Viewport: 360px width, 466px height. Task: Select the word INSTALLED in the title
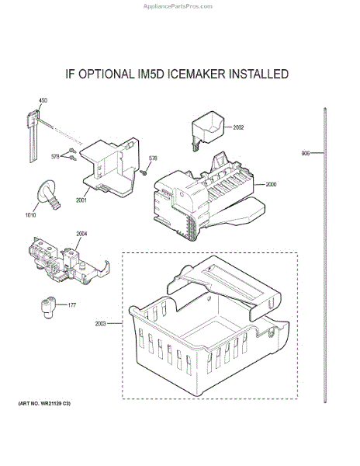click(x=255, y=75)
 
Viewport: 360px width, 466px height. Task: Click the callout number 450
click(x=43, y=100)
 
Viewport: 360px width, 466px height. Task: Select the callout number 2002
click(x=238, y=127)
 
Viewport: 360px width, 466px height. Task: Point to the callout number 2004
click(x=81, y=233)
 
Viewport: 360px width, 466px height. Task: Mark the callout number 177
click(x=72, y=305)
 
